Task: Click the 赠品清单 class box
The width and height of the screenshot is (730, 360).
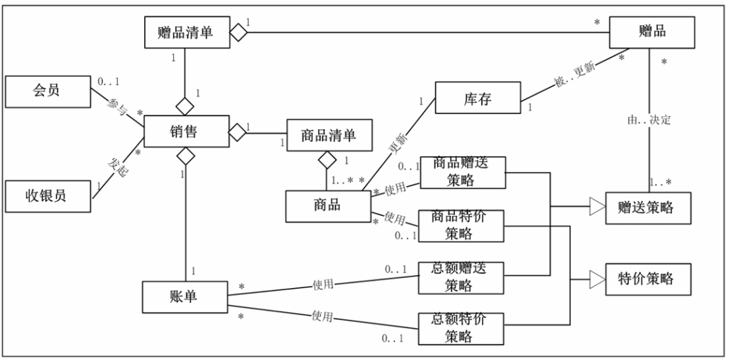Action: [x=187, y=32]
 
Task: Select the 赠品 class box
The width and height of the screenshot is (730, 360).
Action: [x=652, y=32]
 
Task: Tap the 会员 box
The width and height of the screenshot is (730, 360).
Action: [x=48, y=92]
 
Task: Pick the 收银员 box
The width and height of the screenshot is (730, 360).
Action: [x=48, y=197]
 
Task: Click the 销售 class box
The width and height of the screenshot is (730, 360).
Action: [x=187, y=131]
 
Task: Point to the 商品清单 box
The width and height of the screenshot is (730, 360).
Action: [x=329, y=135]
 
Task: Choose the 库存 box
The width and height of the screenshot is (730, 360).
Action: [x=478, y=98]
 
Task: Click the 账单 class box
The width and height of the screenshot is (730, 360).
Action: [x=185, y=297]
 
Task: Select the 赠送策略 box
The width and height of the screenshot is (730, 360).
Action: [x=648, y=208]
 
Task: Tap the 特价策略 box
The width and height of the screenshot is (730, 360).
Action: [x=648, y=279]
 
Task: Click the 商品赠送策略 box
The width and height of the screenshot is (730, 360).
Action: [x=463, y=173]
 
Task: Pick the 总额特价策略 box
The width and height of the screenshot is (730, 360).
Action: [x=461, y=329]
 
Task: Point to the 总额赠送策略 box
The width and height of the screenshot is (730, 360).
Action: [x=461, y=278]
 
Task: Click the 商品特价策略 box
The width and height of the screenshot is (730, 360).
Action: [x=461, y=226]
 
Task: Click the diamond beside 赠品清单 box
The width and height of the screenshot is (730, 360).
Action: [x=238, y=32]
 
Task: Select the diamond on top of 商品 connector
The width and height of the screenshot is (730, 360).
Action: [x=327, y=160]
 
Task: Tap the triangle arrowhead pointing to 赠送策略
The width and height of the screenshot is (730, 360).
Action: [x=597, y=206]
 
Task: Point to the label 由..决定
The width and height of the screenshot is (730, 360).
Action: [x=649, y=120]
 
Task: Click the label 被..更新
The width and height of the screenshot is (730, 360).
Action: [x=575, y=76]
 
